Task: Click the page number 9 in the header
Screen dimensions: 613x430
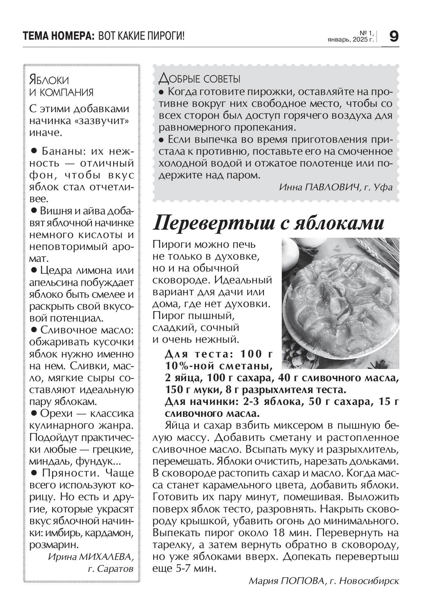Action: point(394,37)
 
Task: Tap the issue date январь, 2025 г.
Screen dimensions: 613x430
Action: point(351,40)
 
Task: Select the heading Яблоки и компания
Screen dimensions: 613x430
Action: point(61,86)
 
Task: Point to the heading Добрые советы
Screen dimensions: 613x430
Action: point(200,79)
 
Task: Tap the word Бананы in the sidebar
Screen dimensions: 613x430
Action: point(63,152)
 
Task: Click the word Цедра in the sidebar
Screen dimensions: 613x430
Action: point(55,270)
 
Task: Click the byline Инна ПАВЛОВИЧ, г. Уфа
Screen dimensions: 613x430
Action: point(335,187)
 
